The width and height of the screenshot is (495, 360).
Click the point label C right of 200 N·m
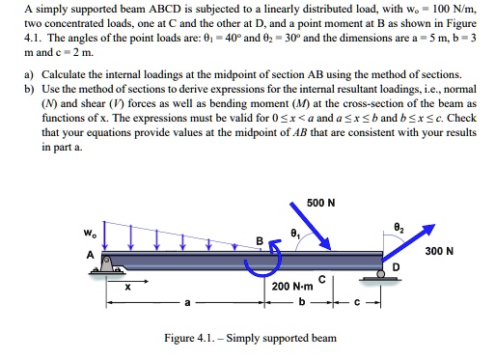tap(324, 280)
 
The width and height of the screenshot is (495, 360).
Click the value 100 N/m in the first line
tap(457, 10)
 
